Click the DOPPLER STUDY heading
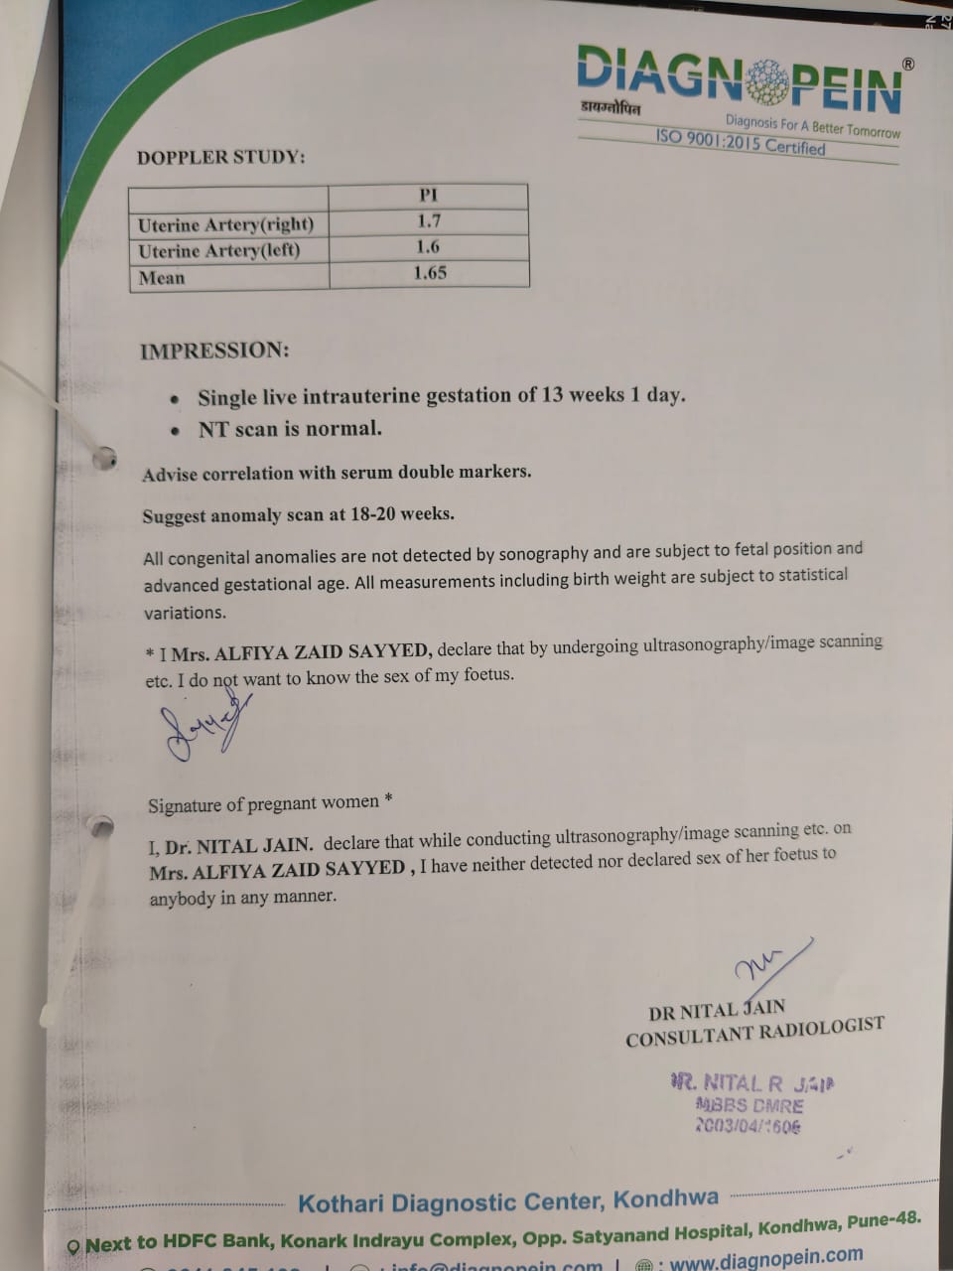[221, 157]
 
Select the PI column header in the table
[428, 196]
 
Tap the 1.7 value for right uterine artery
[429, 221]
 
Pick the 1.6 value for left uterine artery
[428, 247]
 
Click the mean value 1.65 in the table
[430, 273]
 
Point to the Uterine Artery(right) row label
[225, 224]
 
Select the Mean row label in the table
[162, 278]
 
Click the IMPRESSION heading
[214, 351]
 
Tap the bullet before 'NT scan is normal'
[176, 432]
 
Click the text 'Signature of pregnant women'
[264, 802]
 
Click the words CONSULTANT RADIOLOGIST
[754, 1033]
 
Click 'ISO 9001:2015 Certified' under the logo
[740, 142]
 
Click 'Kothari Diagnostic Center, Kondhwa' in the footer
[508, 1201]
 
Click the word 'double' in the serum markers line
[425, 472]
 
